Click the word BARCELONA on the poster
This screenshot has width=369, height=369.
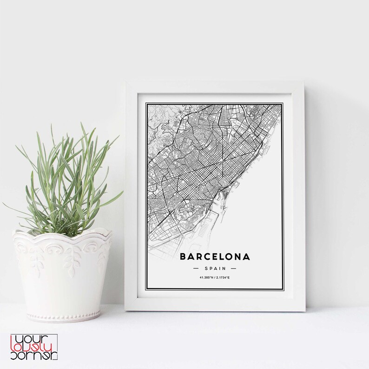(214, 257)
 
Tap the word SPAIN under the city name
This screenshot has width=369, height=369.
(214, 269)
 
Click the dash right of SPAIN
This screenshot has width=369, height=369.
(233, 269)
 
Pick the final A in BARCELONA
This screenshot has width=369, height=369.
(246, 257)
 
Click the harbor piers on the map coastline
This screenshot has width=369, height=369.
(223, 204)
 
